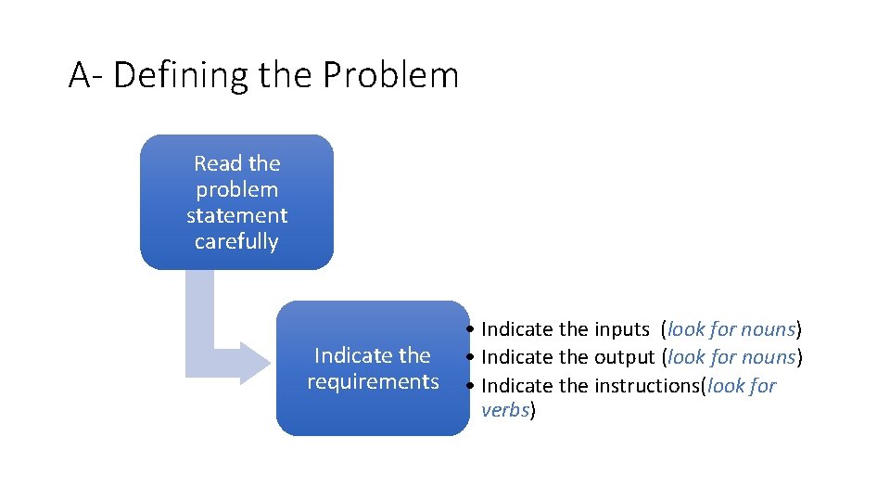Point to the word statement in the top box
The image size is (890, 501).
click(x=236, y=216)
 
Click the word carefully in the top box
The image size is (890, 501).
click(x=236, y=242)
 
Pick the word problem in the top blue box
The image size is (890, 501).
click(x=236, y=190)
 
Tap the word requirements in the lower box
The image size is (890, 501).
click(x=373, y=381)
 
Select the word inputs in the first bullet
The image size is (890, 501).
click(x=621, y=329)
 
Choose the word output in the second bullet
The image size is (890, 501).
click(x=624, y=357)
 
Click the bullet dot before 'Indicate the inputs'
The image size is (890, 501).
click(x=472, y=330)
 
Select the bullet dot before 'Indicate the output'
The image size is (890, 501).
click(x=472, y=358)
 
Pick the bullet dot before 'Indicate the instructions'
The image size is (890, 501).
click(x=472, y=386)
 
